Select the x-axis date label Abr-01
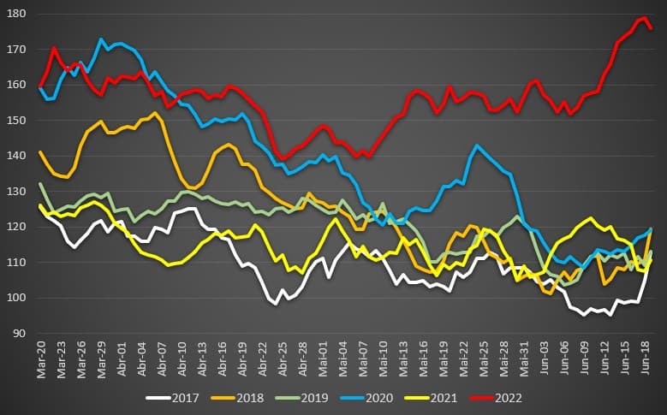click(x=122, y=355)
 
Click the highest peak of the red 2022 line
click(x=643, y=17)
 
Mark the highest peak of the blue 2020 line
click(x=101, y=39)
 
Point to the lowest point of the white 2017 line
click(x=585, y=315)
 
